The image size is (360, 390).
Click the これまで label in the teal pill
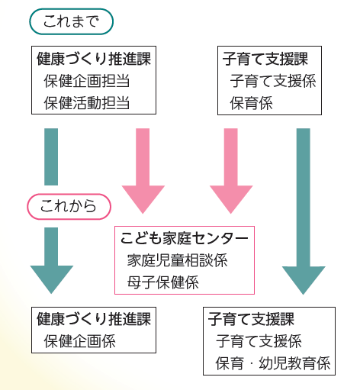(71, 21)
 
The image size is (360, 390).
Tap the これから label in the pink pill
(69, 206)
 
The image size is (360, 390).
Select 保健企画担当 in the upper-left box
(87, 81)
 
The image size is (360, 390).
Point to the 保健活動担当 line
(87, 103)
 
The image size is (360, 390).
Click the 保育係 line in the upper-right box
(251, 103)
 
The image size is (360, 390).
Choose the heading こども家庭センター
(184, 238)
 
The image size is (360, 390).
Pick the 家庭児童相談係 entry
(177, 260)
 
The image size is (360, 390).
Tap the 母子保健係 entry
(163, 282)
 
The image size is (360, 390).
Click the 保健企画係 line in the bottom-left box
(79, 341)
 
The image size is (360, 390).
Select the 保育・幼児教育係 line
(273, 363)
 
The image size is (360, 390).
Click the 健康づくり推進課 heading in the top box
(94, 59)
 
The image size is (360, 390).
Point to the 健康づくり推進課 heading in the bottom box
(94, 319)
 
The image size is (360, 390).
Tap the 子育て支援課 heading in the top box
(265, 59)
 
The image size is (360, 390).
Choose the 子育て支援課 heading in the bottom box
(251, 319)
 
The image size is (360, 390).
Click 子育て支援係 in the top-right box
(273, 81)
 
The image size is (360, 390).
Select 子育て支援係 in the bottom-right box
(259, 341)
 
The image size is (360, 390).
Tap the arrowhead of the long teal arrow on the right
(304, 279)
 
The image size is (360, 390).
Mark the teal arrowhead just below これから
(52, 279)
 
